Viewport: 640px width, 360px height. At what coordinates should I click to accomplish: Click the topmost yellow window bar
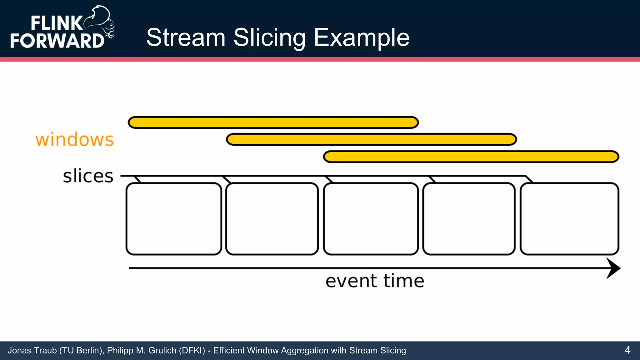pyautogui.click(x=273, y=122)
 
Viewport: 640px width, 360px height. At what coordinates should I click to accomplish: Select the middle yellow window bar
pyautogui.click(x=371, y=139)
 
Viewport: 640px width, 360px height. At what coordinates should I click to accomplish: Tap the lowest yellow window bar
pyautogui.click(x=471, y=157)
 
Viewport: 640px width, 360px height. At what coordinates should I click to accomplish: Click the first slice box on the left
pyautogui.click(x=174, y=219)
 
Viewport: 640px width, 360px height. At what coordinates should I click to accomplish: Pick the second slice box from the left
pyautogui.click(x=272, y=219)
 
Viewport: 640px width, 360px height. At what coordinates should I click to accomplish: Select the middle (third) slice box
pyautogui.click(x=371, y=219)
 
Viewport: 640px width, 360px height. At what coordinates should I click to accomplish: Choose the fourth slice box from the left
pyautogui.click(x=469, y=219)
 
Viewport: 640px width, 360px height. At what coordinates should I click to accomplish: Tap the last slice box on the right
pyautogui.click(x=569, y=219)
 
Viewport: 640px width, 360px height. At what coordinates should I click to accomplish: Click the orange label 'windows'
pyautogui.click(x=74, y=140)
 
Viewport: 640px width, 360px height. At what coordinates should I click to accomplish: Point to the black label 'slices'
pyautogui.click(x=88, y=176)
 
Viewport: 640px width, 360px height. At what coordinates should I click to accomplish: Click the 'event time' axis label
pyautogui.click(x=375, y=281)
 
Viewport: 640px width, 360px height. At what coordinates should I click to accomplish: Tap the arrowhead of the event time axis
pyautogui.click(x=613, y=268)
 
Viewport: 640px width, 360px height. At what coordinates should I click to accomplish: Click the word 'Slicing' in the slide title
pyautogui.click(x=269, y=37)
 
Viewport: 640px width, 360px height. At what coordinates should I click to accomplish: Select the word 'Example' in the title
pyautogui.click(x=362, y=37)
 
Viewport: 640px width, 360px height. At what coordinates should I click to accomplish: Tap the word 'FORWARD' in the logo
pyautogui.click(x=57, y=41)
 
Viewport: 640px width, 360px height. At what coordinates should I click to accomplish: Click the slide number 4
pyautogui.click(x=627, y=350)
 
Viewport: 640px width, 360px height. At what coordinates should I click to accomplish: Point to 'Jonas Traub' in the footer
pyautogui.click(x=32, y=351)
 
